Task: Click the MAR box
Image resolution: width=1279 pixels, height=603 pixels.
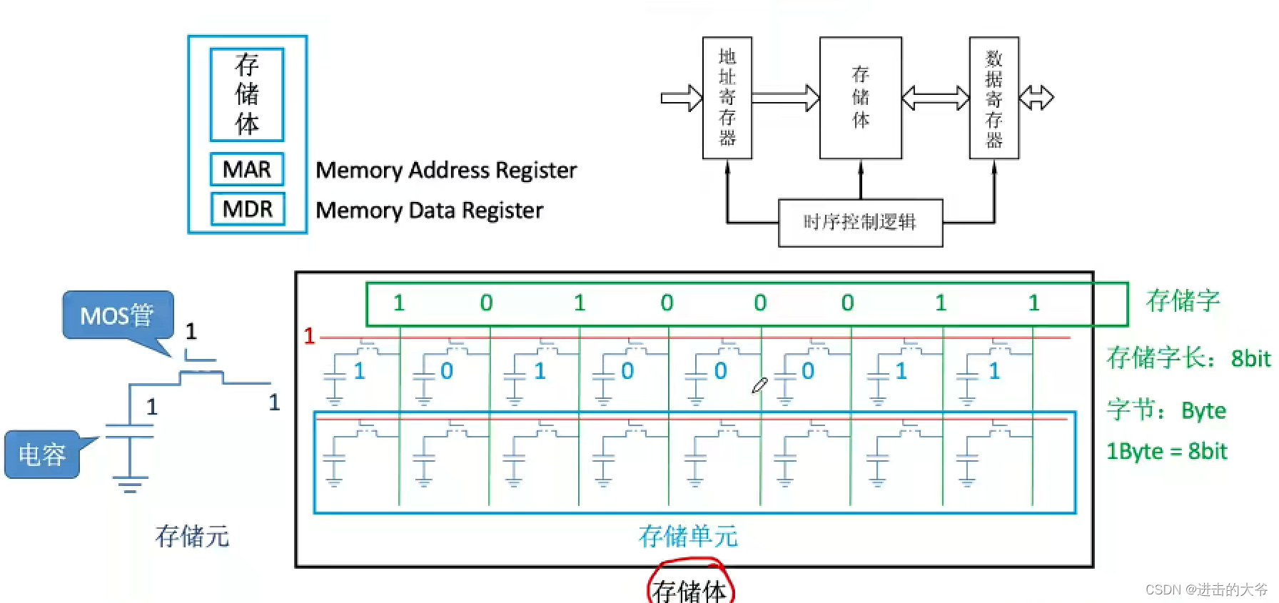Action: pos(247,169)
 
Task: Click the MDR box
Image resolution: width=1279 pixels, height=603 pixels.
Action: pos(247,209)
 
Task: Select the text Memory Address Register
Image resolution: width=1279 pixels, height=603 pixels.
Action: pos(446,171)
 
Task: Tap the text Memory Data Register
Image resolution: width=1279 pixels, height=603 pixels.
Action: pos(429,211)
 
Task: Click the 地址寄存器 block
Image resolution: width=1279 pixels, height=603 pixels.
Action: pos(727,98)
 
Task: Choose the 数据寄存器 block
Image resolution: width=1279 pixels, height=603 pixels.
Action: pos(994,98)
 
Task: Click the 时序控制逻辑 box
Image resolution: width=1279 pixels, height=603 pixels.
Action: pos(860,223)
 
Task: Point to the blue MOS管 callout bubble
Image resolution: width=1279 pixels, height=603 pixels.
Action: pos(118,315)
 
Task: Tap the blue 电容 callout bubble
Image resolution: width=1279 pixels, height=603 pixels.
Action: pos(42,454)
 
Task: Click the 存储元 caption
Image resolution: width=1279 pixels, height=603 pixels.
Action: pos(193,536)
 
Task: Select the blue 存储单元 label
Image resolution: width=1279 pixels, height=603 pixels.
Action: pos(688,536)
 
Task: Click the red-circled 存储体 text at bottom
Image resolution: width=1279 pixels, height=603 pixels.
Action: pos(689,589)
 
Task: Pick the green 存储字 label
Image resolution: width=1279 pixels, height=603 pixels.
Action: pos(1183,300)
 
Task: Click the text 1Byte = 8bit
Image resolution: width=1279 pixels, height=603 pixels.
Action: pos(1166,451)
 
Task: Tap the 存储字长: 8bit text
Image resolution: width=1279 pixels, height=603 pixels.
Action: pos(1188,358)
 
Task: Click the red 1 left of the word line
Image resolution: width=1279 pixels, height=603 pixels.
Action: pos(309,335)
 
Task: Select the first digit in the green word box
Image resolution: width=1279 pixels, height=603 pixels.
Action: pos(399,303)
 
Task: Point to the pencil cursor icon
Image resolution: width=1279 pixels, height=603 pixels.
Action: pos(759,386)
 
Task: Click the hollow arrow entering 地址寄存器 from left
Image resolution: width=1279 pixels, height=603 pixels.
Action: pos(681,98)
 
